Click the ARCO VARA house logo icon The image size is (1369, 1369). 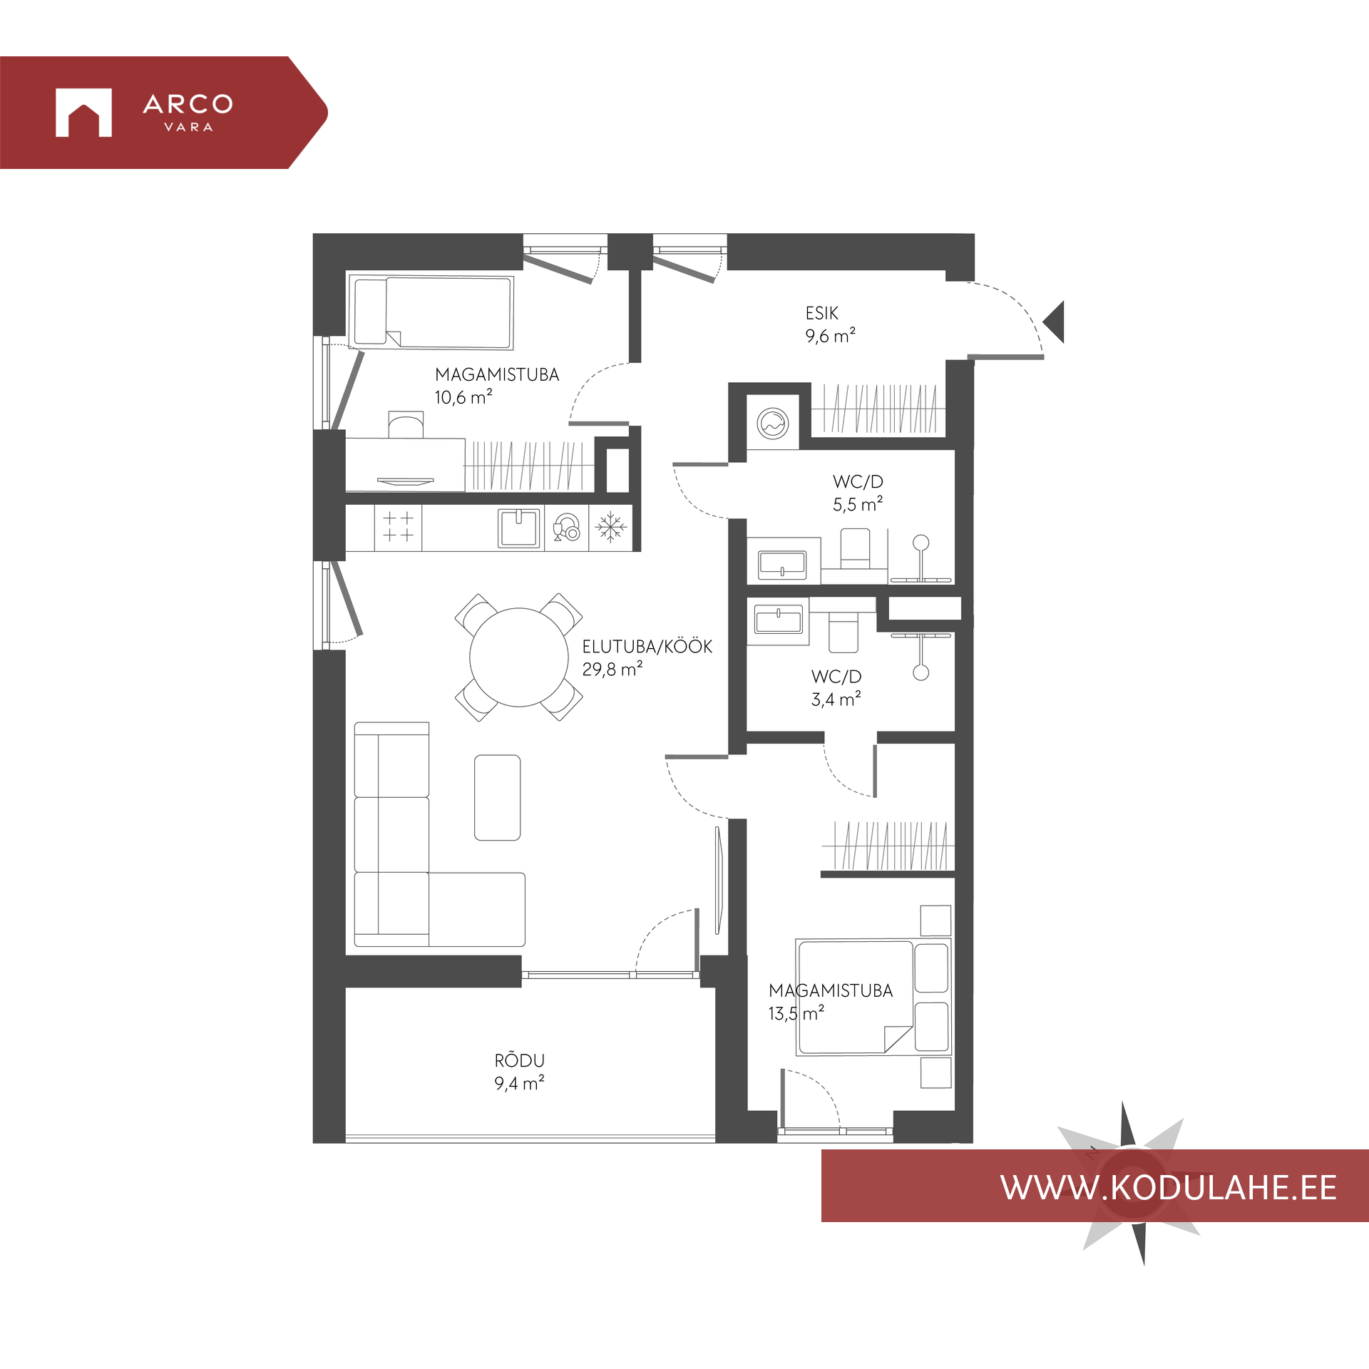[x=83, y=112]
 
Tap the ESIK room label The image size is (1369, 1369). [x=821, y=313]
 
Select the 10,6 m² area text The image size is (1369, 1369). [x=463, y=396]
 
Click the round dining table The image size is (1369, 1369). [x=519, y=657]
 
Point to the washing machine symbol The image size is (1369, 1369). [x=773, y=424]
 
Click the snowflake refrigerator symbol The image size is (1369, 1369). [x=610, y=528]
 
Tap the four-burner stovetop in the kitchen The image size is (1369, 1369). [x=398, y=528]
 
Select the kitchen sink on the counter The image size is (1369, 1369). [x=519, y=528]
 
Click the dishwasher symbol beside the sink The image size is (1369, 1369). [x=567, y=528]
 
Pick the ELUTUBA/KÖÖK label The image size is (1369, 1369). [x=647, y=647]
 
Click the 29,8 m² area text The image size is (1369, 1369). [x=612, y=669]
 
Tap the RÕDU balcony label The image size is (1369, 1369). [x=519, y=1060]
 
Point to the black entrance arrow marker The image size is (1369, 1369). [x=1054, y=322]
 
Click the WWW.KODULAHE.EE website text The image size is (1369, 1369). [x=1168, y=1188]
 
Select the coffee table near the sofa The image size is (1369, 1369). [x=497, y=797]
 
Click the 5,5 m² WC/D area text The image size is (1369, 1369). [x=858, y=504]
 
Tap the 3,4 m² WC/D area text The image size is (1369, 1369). [x=836, y=699]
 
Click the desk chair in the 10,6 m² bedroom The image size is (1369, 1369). [x=406, y=424]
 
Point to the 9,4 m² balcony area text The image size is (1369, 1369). [x=519, y=1083]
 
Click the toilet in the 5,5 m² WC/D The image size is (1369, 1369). [x=855, y=548]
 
